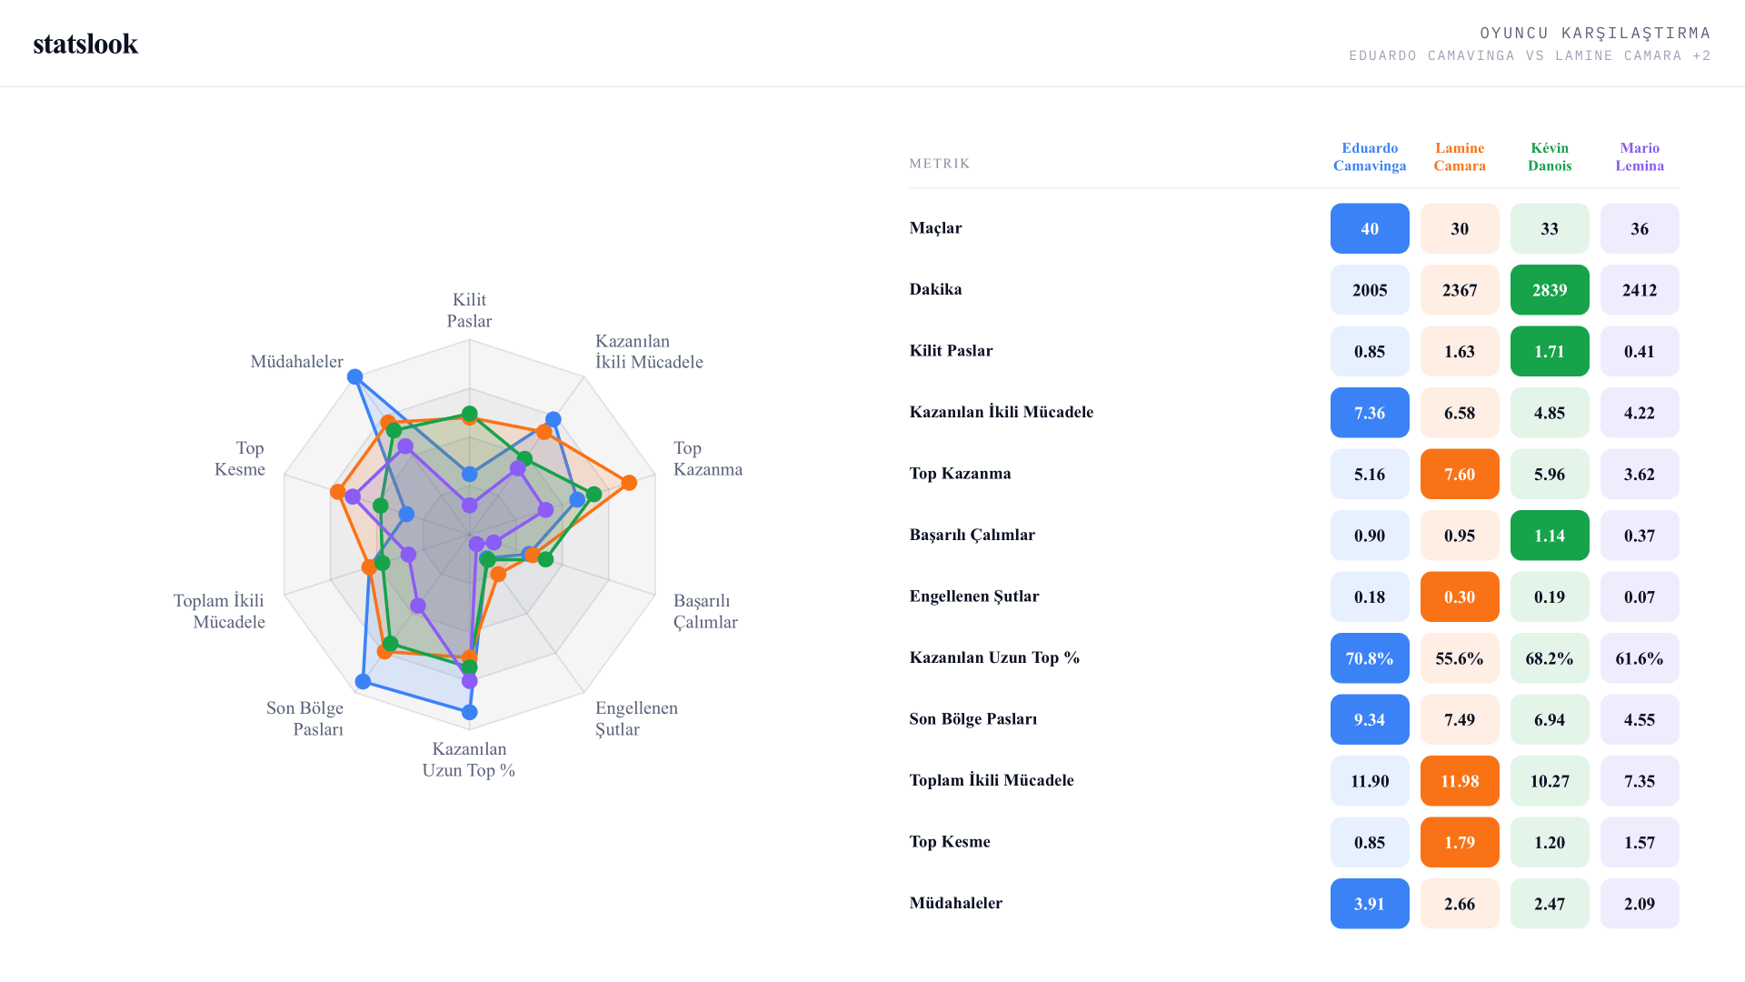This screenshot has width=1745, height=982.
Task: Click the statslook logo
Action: (x=85, y=44)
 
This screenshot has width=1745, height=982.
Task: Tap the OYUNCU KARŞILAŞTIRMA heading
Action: (x=1595, y=34)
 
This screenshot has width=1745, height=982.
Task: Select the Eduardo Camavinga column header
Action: (x=1370, y=156)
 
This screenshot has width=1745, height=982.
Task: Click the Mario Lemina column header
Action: (x=1640, y=156)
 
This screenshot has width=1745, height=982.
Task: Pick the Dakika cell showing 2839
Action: (x=1550, y=290)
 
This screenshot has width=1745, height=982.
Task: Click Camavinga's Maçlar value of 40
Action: (x=1370, y=228)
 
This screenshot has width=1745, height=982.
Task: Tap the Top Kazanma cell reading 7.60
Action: (x=1460, y=474)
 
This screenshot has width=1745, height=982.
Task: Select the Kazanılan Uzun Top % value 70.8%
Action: (x=1370, y=658)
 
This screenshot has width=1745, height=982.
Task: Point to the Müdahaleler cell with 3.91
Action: (x=1370, y=904)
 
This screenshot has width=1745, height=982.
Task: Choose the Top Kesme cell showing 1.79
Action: (x=1460, y=842)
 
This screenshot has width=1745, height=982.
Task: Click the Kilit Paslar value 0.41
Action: (x=1640, y=351)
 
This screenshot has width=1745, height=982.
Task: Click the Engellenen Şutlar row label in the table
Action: (x=974, y=596)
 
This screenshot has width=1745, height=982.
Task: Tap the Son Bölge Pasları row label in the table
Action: (x=973, y=719)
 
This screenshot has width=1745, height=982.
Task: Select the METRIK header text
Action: (x=940, y=164)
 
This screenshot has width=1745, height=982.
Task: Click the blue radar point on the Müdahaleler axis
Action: (x=355, y=376)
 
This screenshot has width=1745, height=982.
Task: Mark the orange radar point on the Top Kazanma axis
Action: (x=629, y=482)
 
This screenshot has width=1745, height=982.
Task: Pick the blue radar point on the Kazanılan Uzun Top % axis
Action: (x=470, y=712)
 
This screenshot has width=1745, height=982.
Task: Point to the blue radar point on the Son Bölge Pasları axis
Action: (x=364, y=681)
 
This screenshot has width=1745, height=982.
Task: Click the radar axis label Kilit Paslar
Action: (x=469, y=310)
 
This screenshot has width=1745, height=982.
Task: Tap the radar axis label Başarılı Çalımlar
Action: (x=705, y=611)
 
